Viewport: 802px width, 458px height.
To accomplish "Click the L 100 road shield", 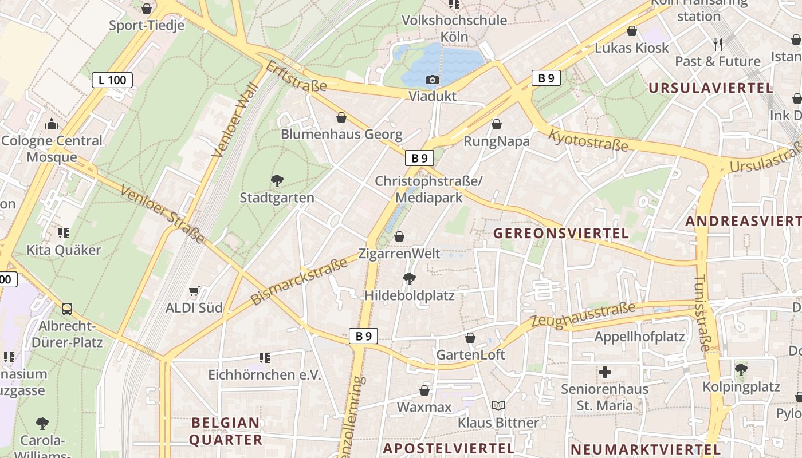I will [112, 80].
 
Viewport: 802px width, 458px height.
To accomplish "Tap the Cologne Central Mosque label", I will [52, 149].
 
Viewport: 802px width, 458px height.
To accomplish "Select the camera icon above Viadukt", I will [433, 80].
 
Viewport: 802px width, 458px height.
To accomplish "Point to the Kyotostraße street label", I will [588, 140].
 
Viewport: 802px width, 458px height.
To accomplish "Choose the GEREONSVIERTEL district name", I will [561, 234].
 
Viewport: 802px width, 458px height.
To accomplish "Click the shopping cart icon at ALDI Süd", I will [194, 291].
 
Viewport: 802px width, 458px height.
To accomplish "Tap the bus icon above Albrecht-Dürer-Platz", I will [67, 309].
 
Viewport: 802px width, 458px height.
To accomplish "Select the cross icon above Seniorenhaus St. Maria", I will [604, 373].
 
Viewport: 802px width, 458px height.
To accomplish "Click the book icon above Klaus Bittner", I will [498, 406].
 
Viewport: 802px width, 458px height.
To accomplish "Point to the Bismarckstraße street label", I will [299, 281].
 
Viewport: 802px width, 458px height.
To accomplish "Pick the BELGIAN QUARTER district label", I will [226, 431].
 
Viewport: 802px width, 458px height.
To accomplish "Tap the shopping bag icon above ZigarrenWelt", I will [399, 236].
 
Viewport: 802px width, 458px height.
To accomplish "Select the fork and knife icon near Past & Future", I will [717, 44].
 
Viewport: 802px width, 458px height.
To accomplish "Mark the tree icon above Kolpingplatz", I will [741, 369].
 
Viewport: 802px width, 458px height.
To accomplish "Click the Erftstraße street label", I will [296, 77].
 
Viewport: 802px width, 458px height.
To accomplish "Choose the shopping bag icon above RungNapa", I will [497, 124].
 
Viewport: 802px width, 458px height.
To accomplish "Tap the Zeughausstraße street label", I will [583, 314].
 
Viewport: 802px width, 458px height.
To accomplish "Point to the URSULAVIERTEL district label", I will [711, 88].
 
